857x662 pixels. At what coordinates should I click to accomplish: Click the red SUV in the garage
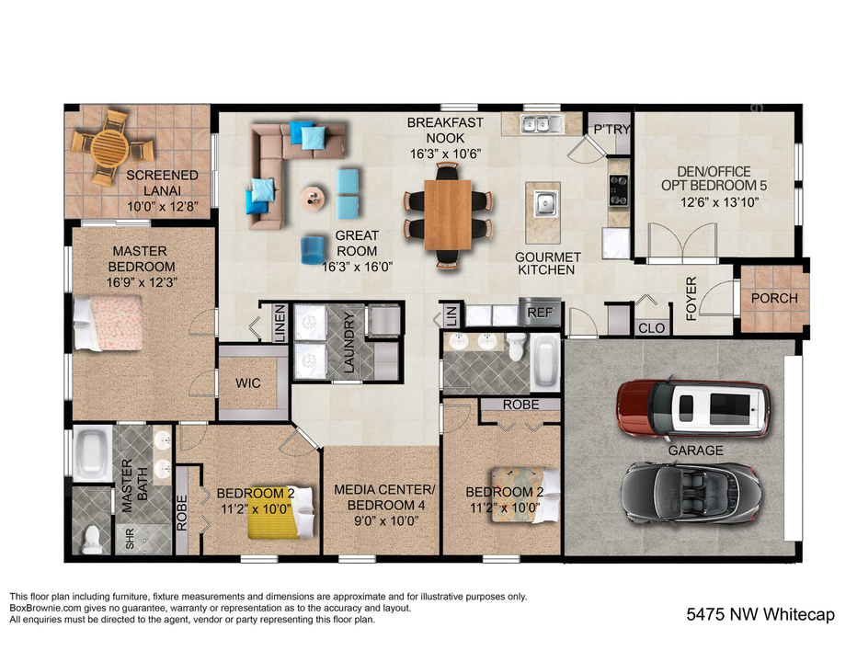coord(691,407)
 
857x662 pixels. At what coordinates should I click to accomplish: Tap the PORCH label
coord(774,299)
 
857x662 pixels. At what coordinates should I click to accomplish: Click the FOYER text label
coord(692,299)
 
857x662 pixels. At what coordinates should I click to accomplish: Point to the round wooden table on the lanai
coord(109,146)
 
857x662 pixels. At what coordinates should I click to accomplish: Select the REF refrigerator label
coord(539,313)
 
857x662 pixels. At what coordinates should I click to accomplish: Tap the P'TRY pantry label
coord(611,130)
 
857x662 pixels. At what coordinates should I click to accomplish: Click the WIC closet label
coord(247,382)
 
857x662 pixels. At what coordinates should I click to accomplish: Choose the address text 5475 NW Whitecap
coord(760,614)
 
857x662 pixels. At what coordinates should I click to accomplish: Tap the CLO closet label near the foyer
coord(651,327)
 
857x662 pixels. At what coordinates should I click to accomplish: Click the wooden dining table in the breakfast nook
coord(449,213)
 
